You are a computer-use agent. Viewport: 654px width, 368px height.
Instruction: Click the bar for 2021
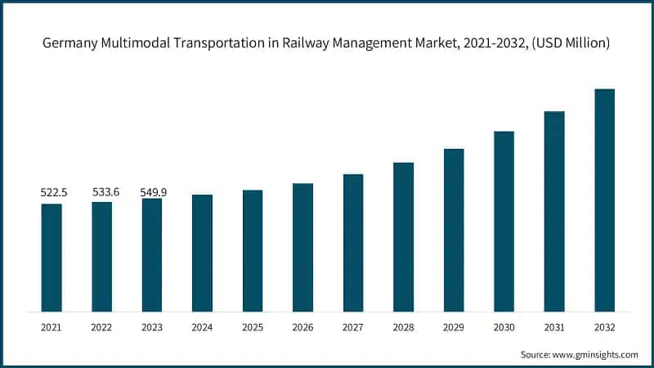(52, 258)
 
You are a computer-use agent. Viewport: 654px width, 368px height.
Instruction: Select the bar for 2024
(202, 253)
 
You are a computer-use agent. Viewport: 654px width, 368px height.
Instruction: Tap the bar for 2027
(353, 243)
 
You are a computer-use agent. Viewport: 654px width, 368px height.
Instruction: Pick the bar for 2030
(504, 221)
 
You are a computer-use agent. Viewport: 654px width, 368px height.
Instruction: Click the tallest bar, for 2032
(604, 200)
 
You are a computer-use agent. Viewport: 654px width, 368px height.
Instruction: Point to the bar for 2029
(454, 230)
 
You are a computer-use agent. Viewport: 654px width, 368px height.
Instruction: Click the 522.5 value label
(54, 192)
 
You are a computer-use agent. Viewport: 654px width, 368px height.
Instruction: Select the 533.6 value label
(105, 192)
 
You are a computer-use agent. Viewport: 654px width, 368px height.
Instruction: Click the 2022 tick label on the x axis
(102, 326)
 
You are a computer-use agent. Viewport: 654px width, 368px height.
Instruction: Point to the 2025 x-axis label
(253, 326)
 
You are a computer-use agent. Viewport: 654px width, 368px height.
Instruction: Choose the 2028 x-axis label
(403, 326)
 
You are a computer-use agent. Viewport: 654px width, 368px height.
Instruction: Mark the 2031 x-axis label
(554, 326)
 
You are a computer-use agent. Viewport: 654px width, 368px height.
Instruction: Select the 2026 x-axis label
(302, 326)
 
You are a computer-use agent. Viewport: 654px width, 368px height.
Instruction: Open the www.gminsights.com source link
(598, 354)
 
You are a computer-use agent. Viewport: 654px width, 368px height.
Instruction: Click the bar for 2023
(152, 255)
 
